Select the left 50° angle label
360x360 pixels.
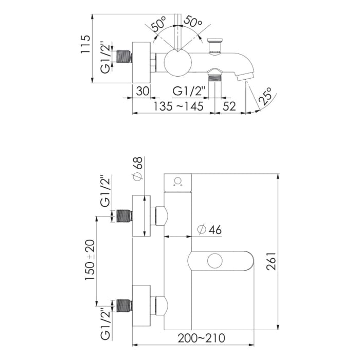click(x=159, y=24)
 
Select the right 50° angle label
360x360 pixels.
click(x=193, y=24)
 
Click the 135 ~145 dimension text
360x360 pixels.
click(x=178, y=106)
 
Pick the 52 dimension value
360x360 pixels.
click(x=229, y=106)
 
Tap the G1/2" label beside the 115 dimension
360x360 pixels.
click(x=105, y=57)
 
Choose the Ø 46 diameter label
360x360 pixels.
click(x=209, y=230)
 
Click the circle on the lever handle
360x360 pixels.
click(x=215, y=260)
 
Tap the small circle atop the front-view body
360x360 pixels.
click(x=178, y=181)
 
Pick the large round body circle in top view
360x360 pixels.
click(x=178, y=64)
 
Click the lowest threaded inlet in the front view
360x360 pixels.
click(x=124, y=305)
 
